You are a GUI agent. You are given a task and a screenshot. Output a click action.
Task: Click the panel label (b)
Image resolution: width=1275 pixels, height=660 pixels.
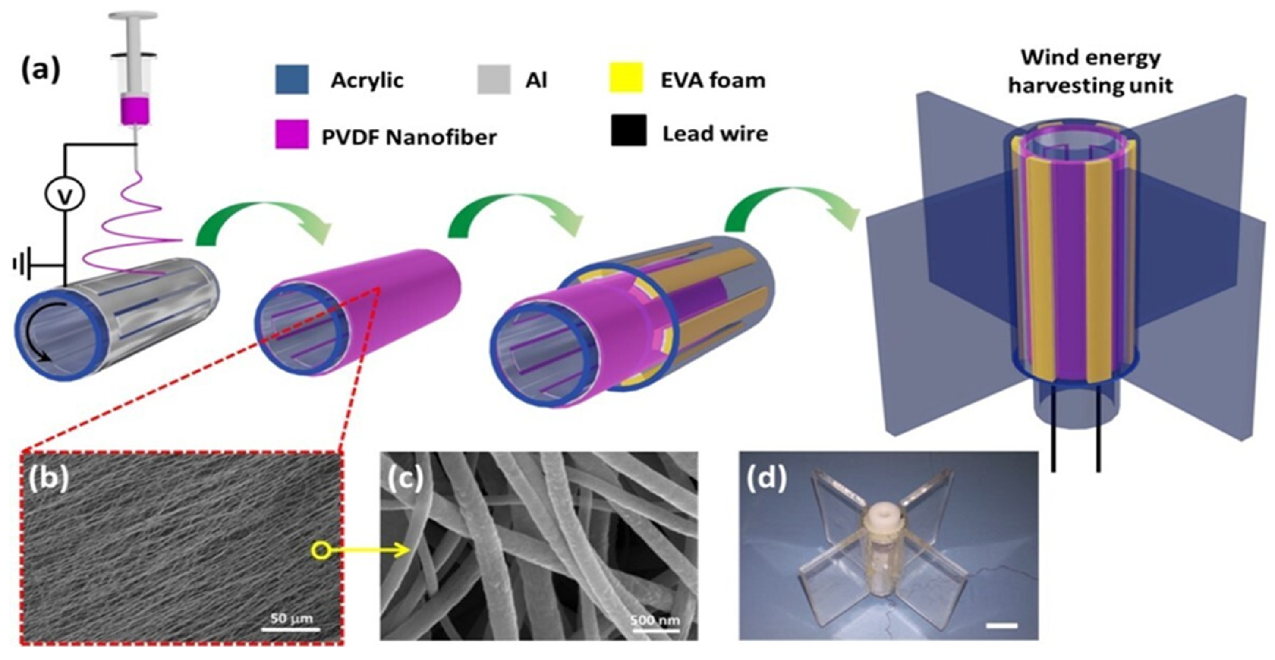coord(49,479)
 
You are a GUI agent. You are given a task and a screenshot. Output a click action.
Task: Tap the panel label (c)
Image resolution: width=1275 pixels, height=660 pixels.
coord(405,479)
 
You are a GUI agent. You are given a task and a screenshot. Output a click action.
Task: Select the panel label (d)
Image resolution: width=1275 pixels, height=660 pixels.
coord(766,479)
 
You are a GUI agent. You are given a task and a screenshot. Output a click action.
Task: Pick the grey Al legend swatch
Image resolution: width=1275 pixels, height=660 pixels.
coord(493,79)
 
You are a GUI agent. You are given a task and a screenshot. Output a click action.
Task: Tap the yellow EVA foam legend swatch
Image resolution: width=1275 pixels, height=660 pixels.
coord(626,78)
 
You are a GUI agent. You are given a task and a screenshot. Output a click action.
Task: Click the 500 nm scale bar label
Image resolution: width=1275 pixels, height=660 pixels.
coord(655,620)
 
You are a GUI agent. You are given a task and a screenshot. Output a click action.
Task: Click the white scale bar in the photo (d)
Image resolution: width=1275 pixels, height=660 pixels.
coord(1002,626)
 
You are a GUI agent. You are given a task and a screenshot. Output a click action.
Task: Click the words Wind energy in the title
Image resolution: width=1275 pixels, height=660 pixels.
coord(1091,58)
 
